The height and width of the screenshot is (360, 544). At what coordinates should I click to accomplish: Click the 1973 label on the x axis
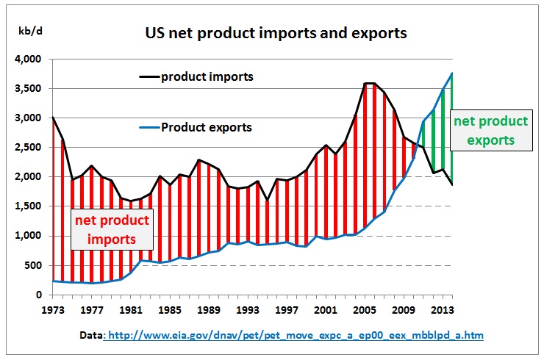pyautogui.click(x=53, y=309)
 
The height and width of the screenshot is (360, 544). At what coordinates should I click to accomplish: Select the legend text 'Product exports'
pyautogui.click(x=207, y=127)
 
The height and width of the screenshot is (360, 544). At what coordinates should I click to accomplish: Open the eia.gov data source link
pyautogui.click(x=294, y=335)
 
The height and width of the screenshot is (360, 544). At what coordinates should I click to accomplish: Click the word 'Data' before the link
pyautogui.click(x=93, y=335)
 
